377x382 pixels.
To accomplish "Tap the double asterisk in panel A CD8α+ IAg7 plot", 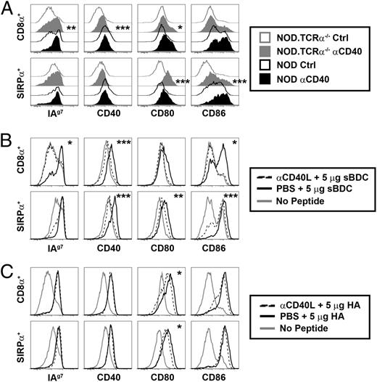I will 72,28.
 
